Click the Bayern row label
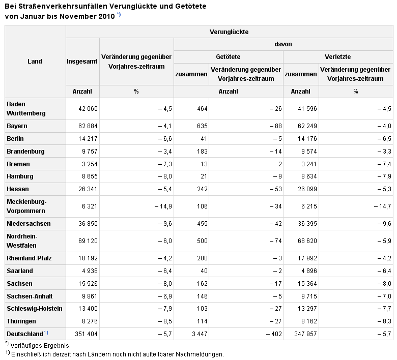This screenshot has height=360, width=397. click(17, 126)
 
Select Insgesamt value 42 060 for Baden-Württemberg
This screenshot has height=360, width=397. click(88, 109)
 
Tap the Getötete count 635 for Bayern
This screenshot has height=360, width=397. click(202, 126)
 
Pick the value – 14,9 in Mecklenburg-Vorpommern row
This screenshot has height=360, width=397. click(163, 206)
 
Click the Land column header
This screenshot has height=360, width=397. click(35, 62)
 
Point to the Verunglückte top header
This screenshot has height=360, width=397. click(229, 32)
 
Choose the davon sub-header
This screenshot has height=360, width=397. click(283, 44)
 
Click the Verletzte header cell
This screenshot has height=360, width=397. click(338, 56)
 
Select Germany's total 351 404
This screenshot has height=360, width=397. click(86, 334)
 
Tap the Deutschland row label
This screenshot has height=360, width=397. click(25, 334)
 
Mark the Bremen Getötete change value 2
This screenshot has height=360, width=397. click(280, 164)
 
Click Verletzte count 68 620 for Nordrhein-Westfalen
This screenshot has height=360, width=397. click(307, 241)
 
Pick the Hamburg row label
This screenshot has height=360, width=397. click(20, 176)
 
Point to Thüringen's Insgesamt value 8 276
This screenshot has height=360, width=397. click(90, 321)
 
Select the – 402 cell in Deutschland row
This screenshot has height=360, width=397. click(274, 334)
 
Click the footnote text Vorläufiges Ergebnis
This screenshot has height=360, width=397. click(41, 346)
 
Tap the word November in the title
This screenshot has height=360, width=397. click(78, 16)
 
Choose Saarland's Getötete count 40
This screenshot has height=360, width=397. click(204, 271)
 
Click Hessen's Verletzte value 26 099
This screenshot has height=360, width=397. click(307, 189)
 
